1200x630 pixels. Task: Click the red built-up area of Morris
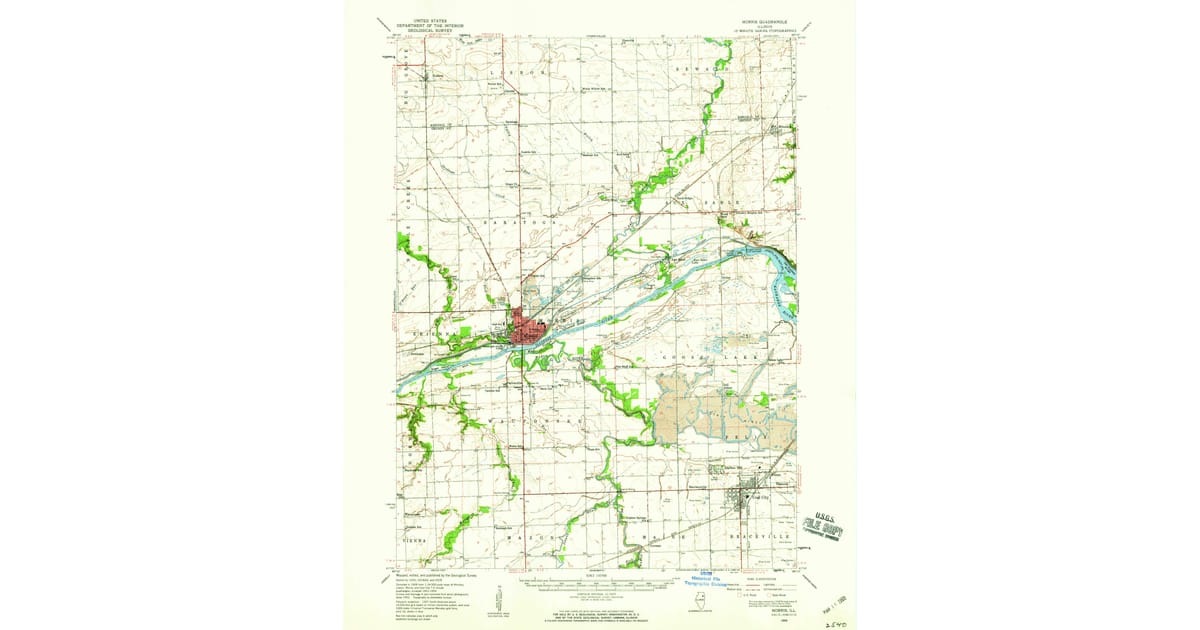[x=525, y=329]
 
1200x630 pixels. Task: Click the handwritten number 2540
[x=837, y=621]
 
